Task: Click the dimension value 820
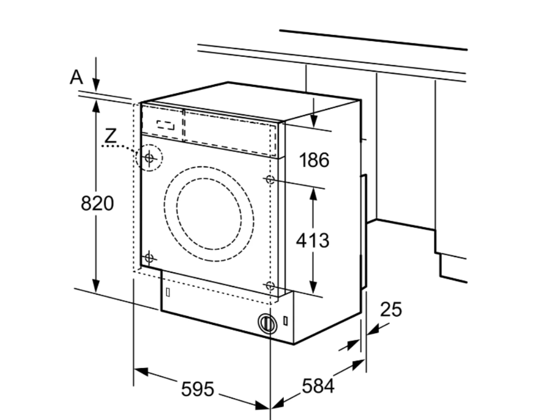(97, 203)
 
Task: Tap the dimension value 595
(197, 389)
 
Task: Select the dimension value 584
(317, 387)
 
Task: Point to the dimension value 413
(313, 240)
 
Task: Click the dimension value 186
(314, 160)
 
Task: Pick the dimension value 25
(390, 310)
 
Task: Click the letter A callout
(76, 77)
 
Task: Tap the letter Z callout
(110, 135)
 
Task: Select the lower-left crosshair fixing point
(149, 257)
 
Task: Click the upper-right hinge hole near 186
(270, 179)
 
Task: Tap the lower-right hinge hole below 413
(270, 285)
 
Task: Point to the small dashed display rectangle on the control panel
(165, 124)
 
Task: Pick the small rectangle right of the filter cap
(286, 322)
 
